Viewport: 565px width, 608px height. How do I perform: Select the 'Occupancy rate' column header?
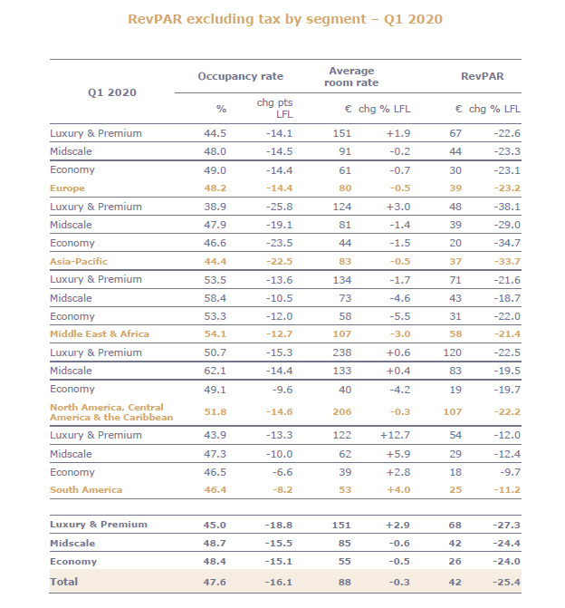(x=240, y=77)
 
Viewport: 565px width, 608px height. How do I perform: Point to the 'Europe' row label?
(x=68, y=188)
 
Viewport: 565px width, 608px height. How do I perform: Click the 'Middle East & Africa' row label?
(x=100, y=334)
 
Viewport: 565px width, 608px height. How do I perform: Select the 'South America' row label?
(x=86, y=489)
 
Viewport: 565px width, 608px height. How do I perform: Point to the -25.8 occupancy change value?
(x=279, y=207)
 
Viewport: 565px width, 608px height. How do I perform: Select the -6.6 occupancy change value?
(x=282, y=472)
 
